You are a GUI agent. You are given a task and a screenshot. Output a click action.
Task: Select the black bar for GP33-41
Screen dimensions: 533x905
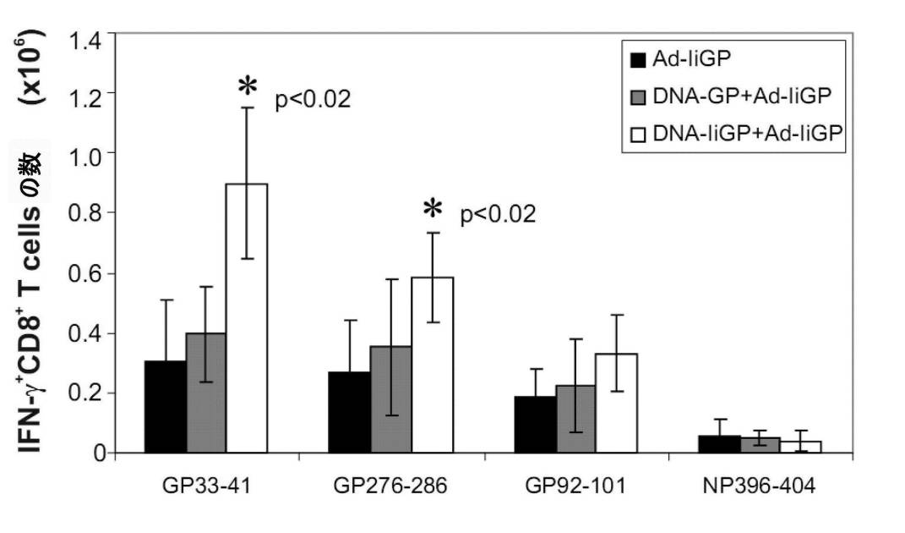[166, 407]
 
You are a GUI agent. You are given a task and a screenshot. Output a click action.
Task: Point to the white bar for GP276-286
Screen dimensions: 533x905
[433, 365]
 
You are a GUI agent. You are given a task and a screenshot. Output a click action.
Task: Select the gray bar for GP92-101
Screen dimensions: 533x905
[575, 419]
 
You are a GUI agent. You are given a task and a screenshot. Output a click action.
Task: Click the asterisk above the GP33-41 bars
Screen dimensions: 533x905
[247, 87]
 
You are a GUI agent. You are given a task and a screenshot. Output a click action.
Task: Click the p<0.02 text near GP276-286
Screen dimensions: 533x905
[498, 215]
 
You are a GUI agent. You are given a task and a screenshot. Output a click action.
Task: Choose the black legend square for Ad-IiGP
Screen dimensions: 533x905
[639, 60]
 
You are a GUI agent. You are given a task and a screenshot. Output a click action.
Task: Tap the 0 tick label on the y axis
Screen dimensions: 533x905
[99, 453]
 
